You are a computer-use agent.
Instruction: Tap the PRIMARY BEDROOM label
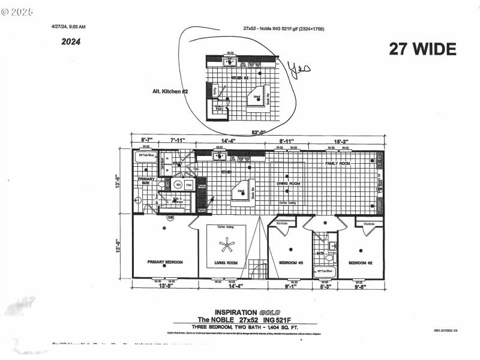165,262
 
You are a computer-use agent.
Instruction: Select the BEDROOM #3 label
291,263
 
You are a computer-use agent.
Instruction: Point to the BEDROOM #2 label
361,263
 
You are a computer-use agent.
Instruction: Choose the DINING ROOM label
288,183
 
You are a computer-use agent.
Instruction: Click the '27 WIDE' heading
422,49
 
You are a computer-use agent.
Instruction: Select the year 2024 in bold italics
71,42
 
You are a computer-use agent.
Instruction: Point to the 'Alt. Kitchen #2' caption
170,91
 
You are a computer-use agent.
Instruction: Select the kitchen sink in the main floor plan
220,157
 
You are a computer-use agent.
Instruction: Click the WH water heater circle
178,185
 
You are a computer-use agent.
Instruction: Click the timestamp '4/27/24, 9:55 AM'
68,26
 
